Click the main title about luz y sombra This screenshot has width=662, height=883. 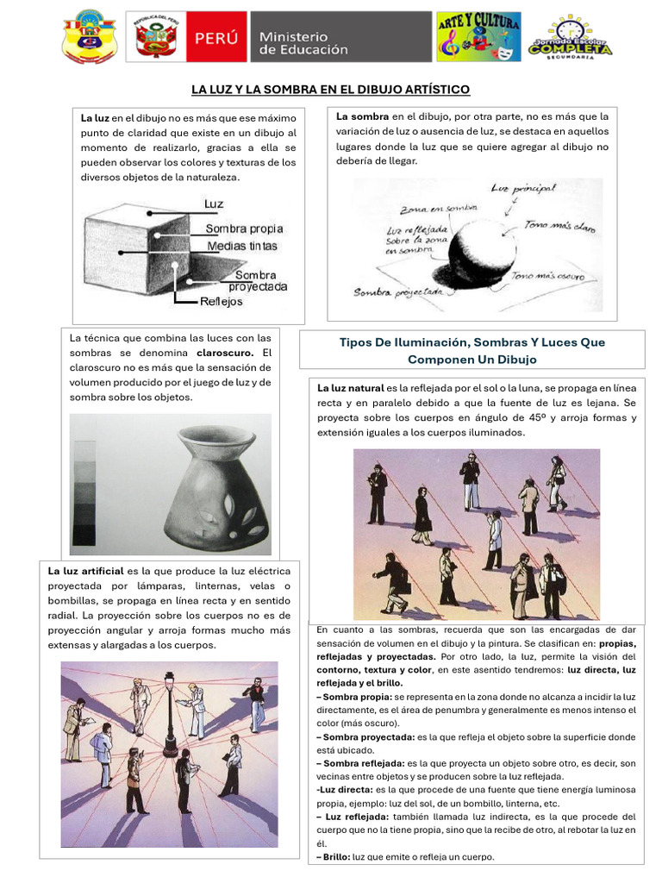click(x=330, y=90)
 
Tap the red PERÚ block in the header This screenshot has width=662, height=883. click(x=216, y=37)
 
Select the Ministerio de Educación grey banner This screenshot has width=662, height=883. click(x=341, y=37)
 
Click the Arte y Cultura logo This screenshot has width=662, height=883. click(x=479, y=36)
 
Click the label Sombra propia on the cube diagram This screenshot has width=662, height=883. click(x=244, y=229)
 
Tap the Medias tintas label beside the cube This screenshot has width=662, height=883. click(x=242, y=246)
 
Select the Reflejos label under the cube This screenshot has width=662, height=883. click(x=222, y=301)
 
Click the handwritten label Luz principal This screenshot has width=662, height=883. click(x=523, y=188)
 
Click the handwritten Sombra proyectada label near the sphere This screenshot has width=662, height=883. click(x=398, y=292)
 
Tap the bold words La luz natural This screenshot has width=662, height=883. click(x=351, y=388)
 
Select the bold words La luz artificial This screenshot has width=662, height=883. click(x=85, y=571)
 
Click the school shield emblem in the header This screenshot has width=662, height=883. click(x=90, y=36)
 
